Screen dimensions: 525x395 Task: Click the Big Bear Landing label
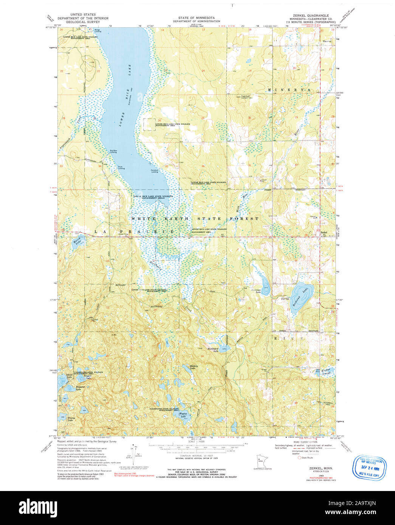113,151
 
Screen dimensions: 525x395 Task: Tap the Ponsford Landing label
154,171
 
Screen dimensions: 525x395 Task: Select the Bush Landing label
121,167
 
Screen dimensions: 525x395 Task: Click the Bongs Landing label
98,31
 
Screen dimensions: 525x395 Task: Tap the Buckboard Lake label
213,349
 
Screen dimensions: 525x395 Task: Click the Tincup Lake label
70,419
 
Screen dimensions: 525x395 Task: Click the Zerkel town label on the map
324,232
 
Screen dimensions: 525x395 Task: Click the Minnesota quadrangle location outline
260,461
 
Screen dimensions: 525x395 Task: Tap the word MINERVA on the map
289,90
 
